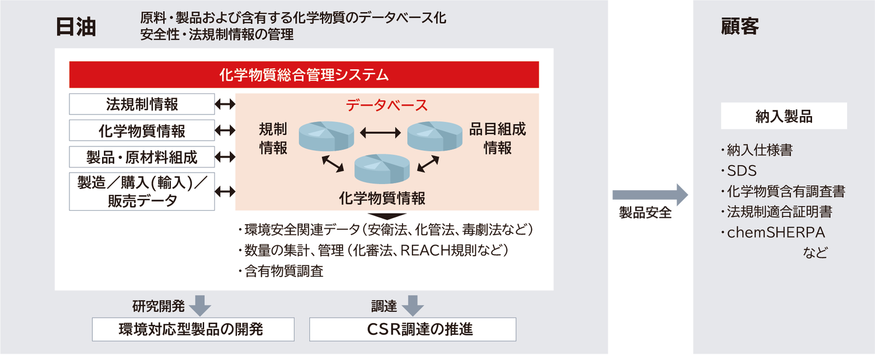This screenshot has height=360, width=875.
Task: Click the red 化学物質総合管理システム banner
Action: [x=304, y=75]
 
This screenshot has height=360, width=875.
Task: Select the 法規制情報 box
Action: [x=142, y=104]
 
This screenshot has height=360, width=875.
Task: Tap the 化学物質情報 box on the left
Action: [x=142, y=131]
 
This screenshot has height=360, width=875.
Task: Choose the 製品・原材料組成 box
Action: [x=142, y=157]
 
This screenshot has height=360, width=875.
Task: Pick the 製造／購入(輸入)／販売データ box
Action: [x=142, y=191]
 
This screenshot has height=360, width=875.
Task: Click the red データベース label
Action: [x=387, y=106]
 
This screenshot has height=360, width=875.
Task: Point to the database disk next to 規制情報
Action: [x=325, y=135]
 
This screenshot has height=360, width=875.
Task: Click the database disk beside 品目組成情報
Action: [x=435, y=135]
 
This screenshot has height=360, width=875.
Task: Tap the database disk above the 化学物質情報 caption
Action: [x=381, y=167]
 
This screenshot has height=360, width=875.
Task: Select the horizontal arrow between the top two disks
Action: [x=380, y=133]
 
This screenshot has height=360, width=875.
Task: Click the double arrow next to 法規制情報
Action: [x=225, y=104]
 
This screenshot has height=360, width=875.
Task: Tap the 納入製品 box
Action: [x=783, y=116]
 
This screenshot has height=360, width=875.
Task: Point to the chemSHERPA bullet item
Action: [x=775, y=232]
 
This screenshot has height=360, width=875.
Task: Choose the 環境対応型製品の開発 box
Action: [x=193, y=329]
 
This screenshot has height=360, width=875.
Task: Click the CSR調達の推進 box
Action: [x=412, y=329]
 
